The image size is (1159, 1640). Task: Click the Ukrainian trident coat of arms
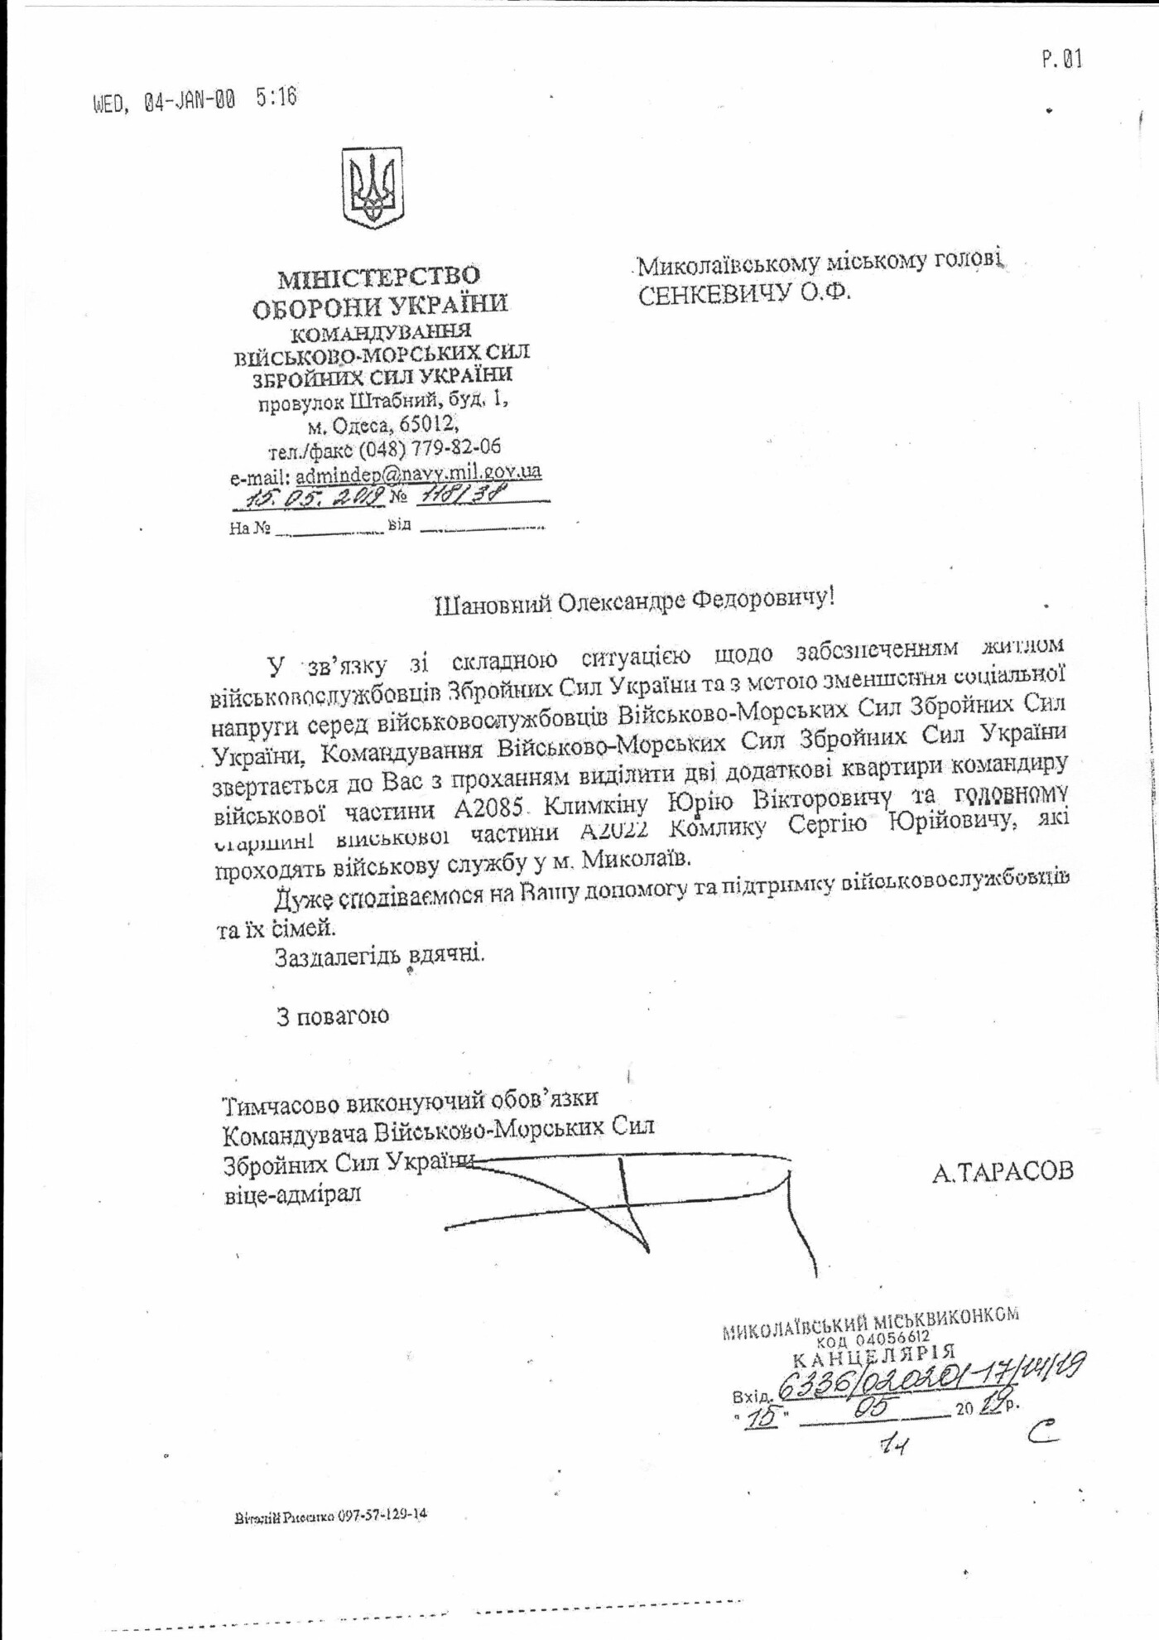click(373, 190)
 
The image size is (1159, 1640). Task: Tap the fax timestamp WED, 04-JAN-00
click(165, 102)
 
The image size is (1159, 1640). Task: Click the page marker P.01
click(1060, 60)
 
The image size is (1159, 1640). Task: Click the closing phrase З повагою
click(332, 1015)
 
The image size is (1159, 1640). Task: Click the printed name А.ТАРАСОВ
click(1002, 1171)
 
